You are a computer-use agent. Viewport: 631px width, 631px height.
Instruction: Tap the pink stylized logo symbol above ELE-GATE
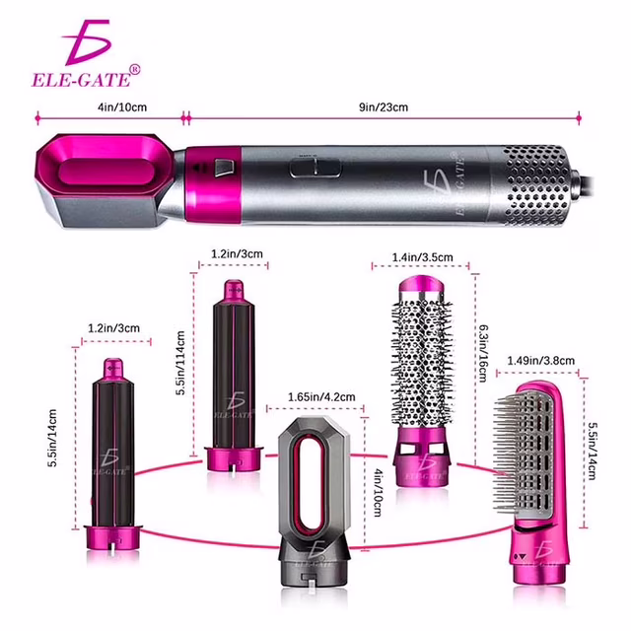coord(87,42)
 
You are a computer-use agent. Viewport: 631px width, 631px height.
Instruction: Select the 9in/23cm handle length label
coord(384,107)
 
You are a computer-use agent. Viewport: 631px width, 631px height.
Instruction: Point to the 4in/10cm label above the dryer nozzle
coord(122,107)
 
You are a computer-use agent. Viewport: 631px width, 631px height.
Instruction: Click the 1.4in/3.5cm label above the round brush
coord(423,256)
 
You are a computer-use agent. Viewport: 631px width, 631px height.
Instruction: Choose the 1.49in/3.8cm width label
coord(540,360)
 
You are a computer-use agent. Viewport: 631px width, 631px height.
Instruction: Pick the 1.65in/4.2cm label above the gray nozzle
coord(321,397)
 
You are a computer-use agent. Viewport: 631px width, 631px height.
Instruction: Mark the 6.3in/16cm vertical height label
coord(482,353)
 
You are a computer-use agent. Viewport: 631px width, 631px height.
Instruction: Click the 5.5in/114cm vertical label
coord(180,363)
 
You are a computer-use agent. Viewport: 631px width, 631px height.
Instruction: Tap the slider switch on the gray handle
coord(315,168)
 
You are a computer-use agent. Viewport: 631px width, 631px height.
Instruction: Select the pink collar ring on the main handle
coord(213,185)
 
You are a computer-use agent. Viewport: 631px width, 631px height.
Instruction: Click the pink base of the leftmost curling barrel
coord(113,538)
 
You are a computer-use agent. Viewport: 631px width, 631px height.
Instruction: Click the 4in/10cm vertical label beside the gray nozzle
coord(378,492)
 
